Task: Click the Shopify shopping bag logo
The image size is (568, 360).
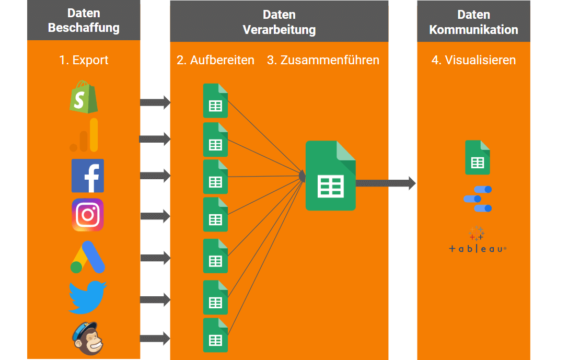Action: (84, 97)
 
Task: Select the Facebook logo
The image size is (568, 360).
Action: (88, 176)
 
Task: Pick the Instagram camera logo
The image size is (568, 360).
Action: (88, 215)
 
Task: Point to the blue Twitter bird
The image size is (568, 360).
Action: (88, 298)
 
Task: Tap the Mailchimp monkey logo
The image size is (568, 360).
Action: (88, 338)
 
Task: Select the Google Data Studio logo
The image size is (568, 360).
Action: (478, 199)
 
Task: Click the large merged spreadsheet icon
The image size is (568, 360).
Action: (330, 176)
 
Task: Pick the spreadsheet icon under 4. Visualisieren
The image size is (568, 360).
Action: (478, 157)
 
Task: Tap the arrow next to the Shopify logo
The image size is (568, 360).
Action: (155, 102)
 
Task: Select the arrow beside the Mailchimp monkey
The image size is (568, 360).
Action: (155, 339)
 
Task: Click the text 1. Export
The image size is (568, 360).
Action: (84, 60)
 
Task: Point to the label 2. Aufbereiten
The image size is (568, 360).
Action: (215, 60)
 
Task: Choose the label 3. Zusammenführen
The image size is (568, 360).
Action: (323, 60)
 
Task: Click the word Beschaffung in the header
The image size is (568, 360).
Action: (84, 28)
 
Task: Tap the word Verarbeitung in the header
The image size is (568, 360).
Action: (279, 29)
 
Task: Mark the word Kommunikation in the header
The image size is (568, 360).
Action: (473, 29)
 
